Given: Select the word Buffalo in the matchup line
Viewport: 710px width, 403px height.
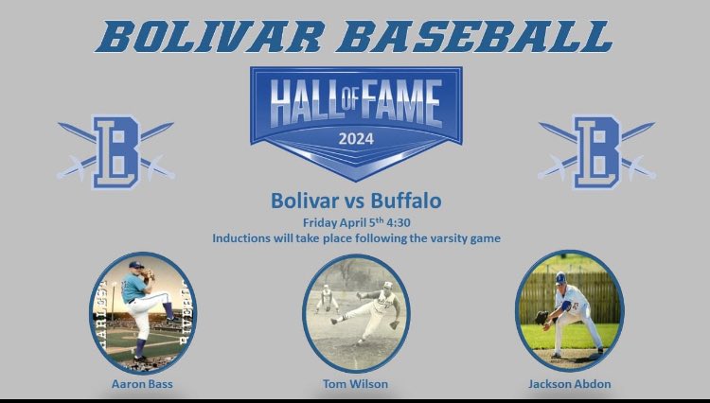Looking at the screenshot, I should [x=407, y=201].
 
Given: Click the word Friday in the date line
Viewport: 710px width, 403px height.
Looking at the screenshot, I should [x=320, y=222].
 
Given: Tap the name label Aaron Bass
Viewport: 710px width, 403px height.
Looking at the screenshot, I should [x=142, y=384].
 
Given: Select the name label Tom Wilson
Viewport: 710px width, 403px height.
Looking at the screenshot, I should [x=356, y=384].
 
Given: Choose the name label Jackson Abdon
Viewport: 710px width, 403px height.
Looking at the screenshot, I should [x=568, y=384].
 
